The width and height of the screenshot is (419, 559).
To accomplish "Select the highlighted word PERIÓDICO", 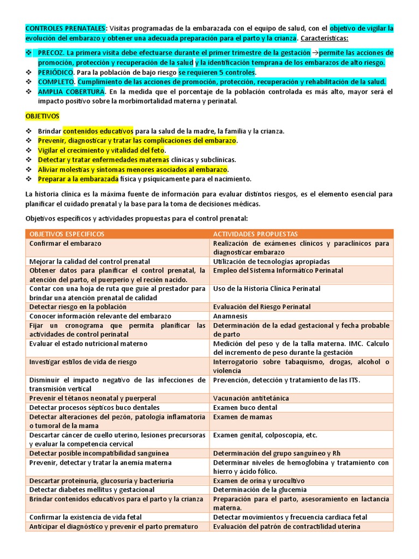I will point(56,72).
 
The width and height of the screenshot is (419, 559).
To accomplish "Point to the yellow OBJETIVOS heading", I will point(43,116).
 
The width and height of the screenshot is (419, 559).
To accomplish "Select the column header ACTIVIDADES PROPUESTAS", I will point(255,234).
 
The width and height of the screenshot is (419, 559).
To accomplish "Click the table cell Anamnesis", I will point(230,316).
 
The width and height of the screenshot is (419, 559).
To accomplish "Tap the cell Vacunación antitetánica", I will point(251,399).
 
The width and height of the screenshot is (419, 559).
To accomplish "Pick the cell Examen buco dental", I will point(245,408).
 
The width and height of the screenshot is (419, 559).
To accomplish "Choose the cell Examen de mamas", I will point(238,417).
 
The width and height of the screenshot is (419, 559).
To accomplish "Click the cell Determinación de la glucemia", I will point(260,490).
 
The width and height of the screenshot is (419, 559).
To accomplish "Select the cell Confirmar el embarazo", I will point(65,243).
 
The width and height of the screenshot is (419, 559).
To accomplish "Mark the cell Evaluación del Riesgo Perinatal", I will point(262,307).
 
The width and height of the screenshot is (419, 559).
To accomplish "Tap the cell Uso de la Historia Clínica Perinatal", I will point(267,288).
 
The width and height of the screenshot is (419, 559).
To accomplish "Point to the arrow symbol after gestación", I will point(315,53).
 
